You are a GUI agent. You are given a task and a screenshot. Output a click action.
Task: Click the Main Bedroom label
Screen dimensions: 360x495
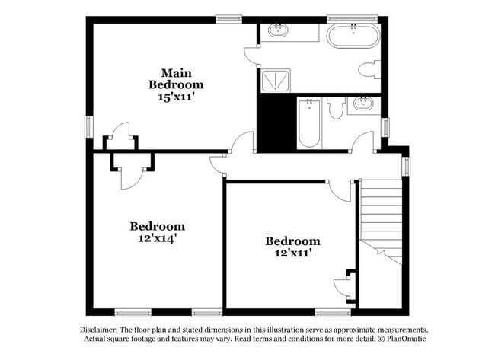click(175, 78)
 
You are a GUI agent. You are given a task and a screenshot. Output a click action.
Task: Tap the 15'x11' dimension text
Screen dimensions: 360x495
click(175, 97)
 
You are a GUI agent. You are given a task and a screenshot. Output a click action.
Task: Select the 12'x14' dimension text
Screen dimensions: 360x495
click(157, 238)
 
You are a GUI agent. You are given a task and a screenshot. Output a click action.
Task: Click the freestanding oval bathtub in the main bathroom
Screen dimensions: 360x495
click(353, 35)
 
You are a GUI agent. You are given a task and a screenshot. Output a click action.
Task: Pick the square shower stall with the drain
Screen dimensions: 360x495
click(276, 80)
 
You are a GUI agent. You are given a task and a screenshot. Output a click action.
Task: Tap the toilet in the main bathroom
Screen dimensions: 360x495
click(369, 70)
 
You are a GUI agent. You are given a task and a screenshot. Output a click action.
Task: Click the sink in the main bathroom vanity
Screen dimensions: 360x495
click(278, 31)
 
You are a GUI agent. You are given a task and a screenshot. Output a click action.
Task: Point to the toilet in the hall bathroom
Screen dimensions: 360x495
click(336, 109)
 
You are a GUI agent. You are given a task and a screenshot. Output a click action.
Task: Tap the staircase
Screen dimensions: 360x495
click(380, 217)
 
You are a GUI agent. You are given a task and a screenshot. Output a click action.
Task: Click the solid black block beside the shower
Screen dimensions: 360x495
click(276, 122)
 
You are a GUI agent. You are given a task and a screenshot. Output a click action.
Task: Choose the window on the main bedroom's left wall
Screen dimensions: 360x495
click(88, 126)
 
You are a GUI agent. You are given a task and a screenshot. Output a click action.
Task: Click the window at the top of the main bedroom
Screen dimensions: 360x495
click(228, 19)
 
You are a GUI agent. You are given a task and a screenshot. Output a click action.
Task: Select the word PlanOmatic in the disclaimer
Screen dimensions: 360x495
click(405, 339)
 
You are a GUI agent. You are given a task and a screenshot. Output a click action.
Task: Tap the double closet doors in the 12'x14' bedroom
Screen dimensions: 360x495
click(133, 170)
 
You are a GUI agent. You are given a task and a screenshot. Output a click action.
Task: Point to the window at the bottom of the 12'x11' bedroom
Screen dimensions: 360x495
click(333, 312)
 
